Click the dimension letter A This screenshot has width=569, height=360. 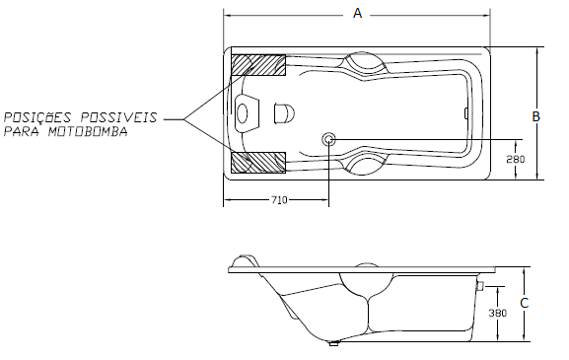[x=357, y=14]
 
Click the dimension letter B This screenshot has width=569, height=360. [x=535, y=116]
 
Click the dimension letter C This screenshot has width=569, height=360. [x=525, y=303]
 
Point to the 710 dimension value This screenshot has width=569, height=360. [x=279, y=200]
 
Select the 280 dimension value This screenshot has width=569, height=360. [x=516, y=160]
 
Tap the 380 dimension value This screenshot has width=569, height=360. [x=498, y=313]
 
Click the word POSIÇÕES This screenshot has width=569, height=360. [x=37, y=116]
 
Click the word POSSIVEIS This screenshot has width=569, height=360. [x=119, y=117]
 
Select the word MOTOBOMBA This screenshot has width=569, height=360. [x=88, y=131]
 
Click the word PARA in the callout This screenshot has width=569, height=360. [x=21, y=131]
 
